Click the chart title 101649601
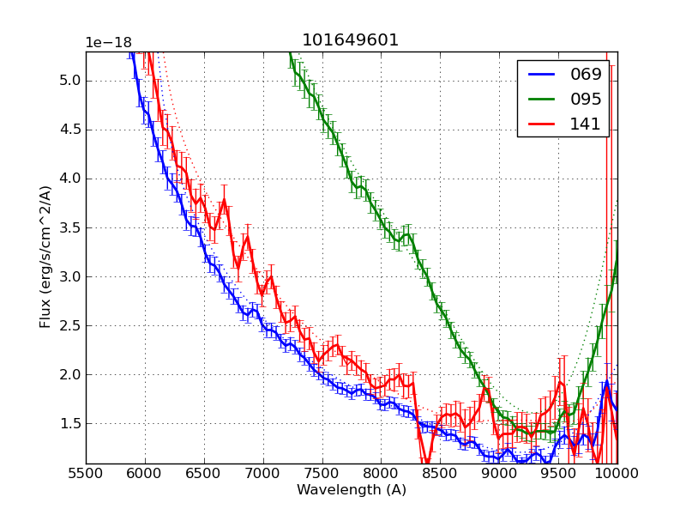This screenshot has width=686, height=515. (351, 40)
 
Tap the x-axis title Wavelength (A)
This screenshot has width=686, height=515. (352, 490)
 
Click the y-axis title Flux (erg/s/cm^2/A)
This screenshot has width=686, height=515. (45, 256)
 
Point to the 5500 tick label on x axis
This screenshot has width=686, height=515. (86, 474)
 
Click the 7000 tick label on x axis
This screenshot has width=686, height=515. (263, 474)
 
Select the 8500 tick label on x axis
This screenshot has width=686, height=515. (440, 474)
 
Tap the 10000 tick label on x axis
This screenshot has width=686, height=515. (617, 474)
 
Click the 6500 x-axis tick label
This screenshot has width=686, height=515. (204, 474)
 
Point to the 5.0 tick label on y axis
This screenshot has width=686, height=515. (68, 81)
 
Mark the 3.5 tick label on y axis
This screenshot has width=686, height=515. (68, 227)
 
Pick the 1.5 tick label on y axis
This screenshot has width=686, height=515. (68, 423)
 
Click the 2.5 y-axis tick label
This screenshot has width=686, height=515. (68, 325)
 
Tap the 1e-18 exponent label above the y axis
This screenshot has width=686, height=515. (108, 43)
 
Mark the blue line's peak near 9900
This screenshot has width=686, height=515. (606, 383)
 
